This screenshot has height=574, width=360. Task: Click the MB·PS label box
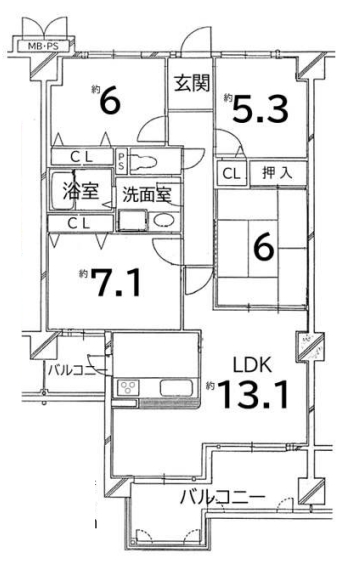tap(44, 46)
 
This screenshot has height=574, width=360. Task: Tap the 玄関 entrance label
tap(191, 83)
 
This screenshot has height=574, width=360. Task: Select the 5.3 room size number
tap(260, 109)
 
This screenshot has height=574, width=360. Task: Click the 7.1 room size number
tap(116, 283)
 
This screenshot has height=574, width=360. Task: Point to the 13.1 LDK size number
tap(253, 394)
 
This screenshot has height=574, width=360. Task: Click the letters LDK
tap(253, 365)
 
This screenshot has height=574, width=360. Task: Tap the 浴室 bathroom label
tap(81, 191)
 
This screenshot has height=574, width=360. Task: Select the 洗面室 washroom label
tap(146, 194)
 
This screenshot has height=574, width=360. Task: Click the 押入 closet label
tap(277, 173)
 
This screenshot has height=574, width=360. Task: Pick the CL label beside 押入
tap(231, 174)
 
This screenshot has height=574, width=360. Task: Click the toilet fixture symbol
tap(144, 161)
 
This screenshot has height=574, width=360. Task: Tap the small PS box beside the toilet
tap(121, 161)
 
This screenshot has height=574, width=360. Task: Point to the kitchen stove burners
tap(128, 388)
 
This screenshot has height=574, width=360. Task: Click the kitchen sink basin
tap(176, 388)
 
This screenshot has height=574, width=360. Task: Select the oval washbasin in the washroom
tap(163, 220)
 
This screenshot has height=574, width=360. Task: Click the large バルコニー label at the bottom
tap(222, 497)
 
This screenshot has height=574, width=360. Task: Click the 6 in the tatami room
tap(264, 248)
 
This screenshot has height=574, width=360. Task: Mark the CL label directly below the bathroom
tap(80, 223)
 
